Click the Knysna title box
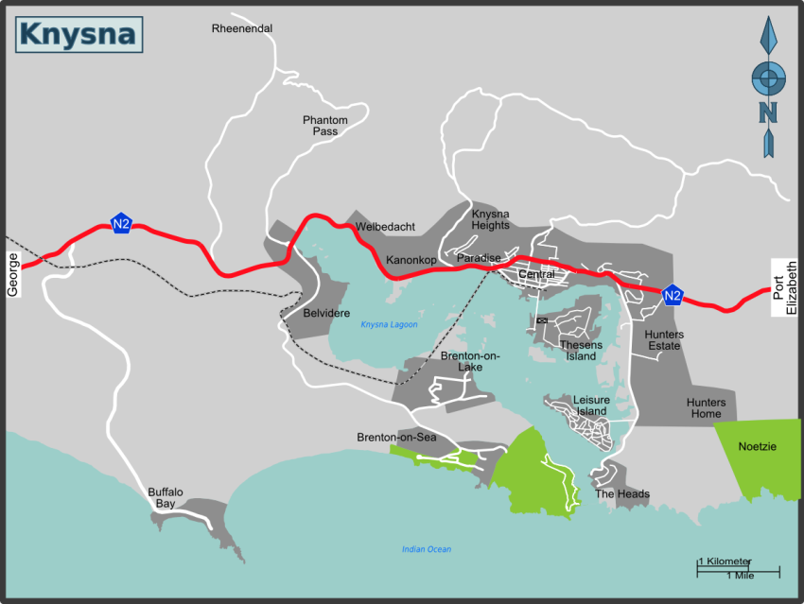click(79, 34)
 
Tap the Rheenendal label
click(242, 28)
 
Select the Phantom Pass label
click(325, 125)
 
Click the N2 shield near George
click(121, 224)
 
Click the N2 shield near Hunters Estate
click(673, 296)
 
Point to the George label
click(13, 275)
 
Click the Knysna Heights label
click(490, 219)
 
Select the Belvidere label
click(327, 313)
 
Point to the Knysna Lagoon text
click(389, 324)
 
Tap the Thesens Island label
click(581, 351)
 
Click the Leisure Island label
click(591, 406)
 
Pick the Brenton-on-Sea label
click(396, 438)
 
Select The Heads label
click(621, 494)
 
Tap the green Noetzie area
click(757, 454)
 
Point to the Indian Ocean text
click(427, 549)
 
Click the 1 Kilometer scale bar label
click(725, 561)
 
